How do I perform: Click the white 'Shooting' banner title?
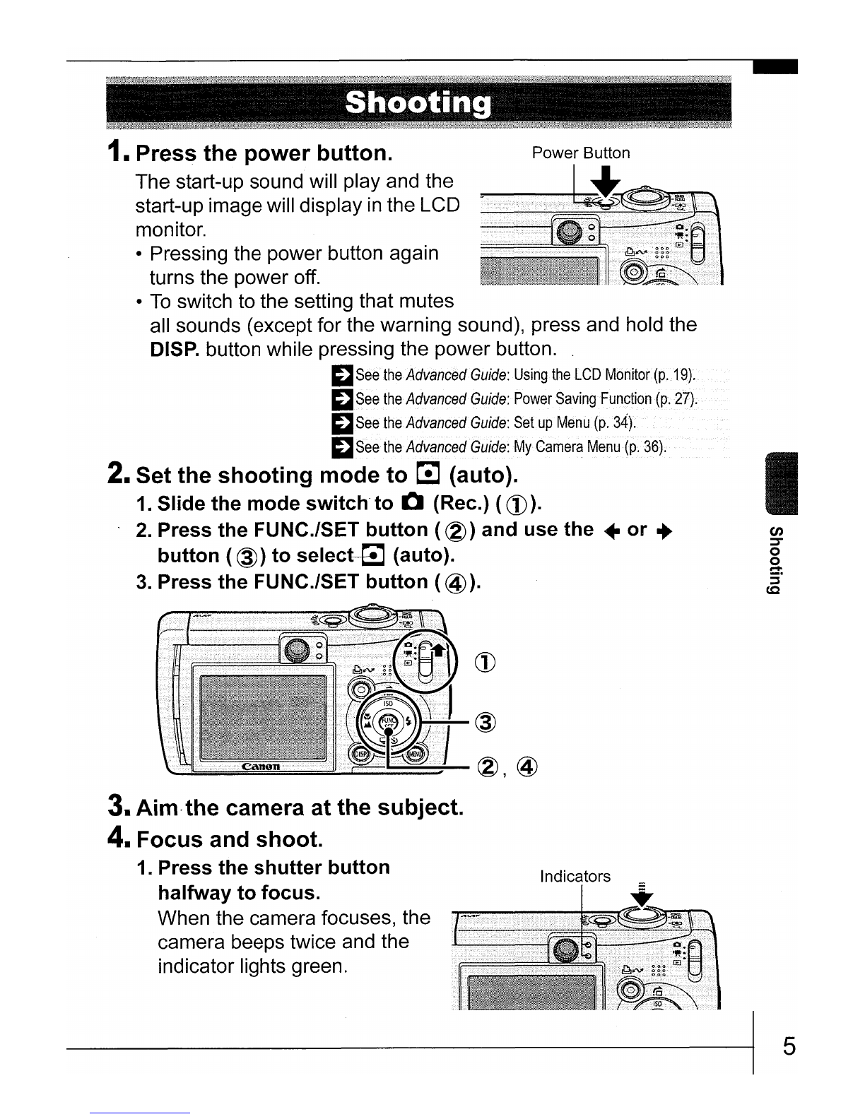point(418,104)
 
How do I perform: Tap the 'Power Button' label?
point(580,153)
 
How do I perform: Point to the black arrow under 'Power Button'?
point(604,183)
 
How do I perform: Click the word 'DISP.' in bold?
point(175,350)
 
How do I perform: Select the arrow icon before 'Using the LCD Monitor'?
point(343,375)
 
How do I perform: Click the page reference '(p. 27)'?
point(676,399)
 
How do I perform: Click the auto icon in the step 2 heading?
point(429,474)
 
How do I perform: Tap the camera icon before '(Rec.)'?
point(412,504)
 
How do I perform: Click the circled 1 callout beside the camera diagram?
point(488,662)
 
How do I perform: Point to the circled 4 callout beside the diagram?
point(528,767)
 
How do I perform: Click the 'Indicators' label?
point(575,877)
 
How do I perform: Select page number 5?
point(789,1046)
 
